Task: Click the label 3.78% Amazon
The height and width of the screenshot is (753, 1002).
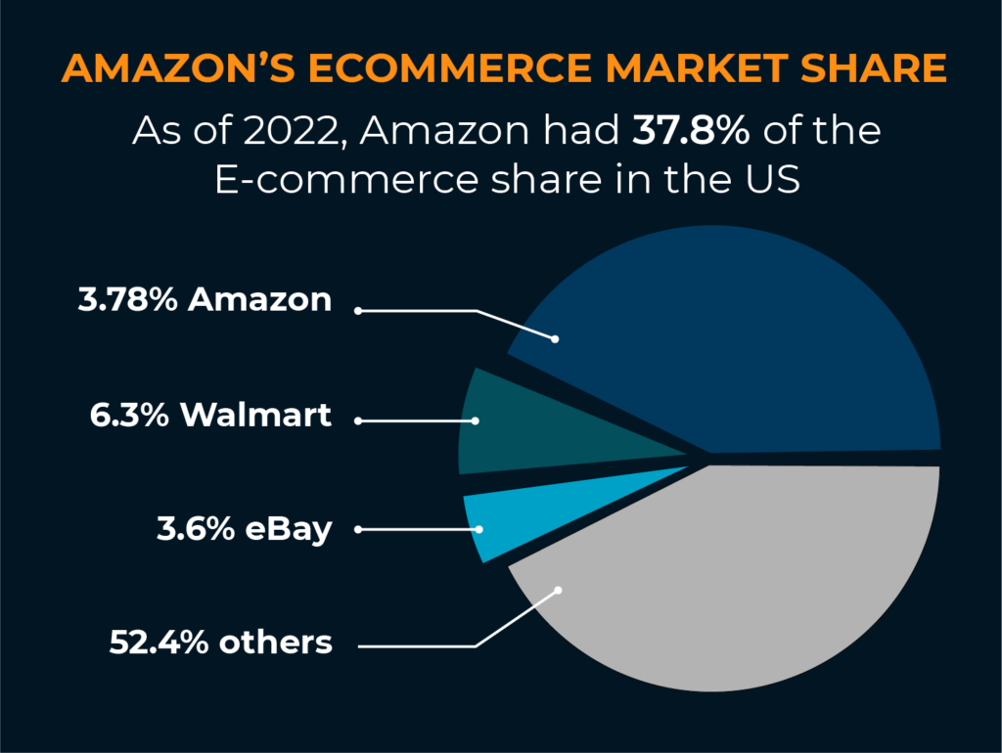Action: (205, 299)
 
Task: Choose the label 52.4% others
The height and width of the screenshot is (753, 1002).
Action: (221, 642)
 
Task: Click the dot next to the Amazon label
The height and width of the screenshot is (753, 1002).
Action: (359, 311)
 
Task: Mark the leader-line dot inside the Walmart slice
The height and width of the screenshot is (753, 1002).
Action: (476, 421)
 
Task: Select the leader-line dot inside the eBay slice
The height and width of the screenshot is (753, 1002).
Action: (480, 529)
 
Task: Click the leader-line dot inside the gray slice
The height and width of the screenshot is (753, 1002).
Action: (559, 590)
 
